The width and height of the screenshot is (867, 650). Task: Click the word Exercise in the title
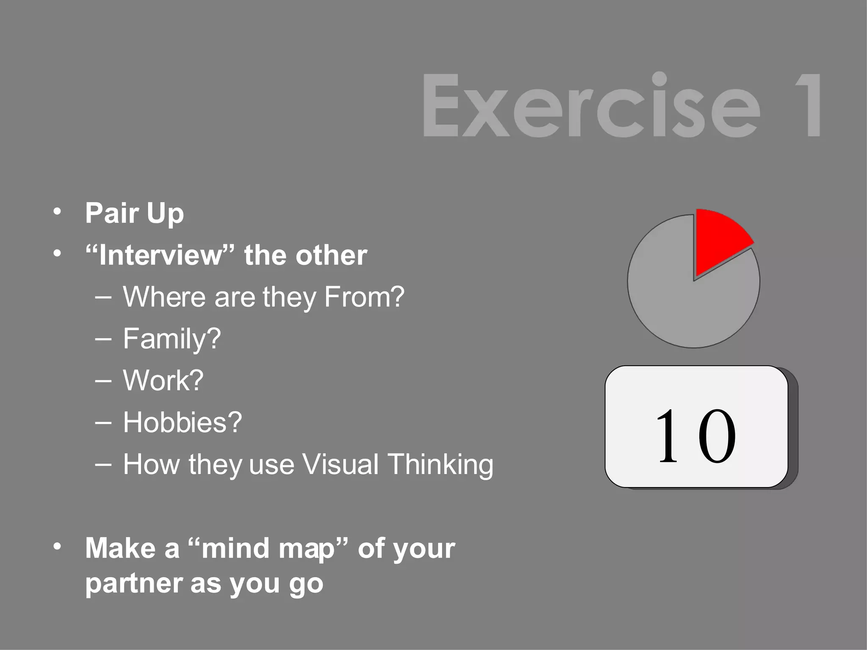591,106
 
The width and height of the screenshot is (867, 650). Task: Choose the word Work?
163,381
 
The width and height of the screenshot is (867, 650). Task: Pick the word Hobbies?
182,422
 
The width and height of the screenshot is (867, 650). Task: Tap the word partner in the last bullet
134,584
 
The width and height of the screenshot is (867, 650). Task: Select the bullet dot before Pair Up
58,211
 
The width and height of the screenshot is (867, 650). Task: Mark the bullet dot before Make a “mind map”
58,547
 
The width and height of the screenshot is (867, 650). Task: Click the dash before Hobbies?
104,422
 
